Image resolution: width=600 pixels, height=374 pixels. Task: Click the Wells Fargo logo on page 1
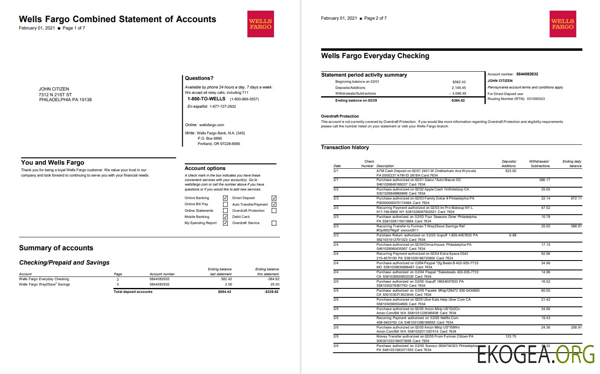coord(260,24)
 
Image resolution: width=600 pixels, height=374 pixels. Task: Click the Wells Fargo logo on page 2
coord(563,24)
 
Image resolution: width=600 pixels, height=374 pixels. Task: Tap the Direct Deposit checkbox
coord(274,198)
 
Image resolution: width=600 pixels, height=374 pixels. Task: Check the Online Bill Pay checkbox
coord(225,204)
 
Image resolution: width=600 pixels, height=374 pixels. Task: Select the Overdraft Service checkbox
coord(274,223)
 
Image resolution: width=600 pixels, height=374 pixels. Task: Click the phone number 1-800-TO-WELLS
coord(206,99)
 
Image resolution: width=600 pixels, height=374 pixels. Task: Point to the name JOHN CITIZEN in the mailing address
coord(54,89)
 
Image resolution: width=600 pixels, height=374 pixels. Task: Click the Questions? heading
coord(199,78)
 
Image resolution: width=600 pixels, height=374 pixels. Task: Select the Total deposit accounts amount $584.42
coord(224,292)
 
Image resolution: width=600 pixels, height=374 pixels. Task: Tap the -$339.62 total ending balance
coord(271,292)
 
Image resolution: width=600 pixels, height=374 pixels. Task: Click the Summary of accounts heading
coord(56,248)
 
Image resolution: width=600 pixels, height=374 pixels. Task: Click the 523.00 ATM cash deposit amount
coord(511,171)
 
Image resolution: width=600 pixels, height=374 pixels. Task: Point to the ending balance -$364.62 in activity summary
coord(457,100)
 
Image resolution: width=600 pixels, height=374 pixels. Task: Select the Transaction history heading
coord(345,147)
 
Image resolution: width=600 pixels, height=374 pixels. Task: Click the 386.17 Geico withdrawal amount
coord(545,180)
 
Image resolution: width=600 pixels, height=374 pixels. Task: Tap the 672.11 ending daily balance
coord(576,198)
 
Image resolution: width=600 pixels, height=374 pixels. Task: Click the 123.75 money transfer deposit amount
coord(511,336)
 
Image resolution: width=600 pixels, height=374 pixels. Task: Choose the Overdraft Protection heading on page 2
coord(340,116)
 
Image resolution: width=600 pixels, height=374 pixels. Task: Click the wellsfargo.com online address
coord(212,125)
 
